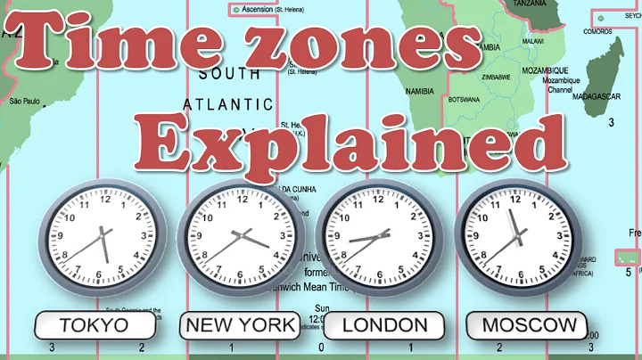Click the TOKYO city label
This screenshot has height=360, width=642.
pos(94,325)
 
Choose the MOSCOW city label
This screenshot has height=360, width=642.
pos(530,325)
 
